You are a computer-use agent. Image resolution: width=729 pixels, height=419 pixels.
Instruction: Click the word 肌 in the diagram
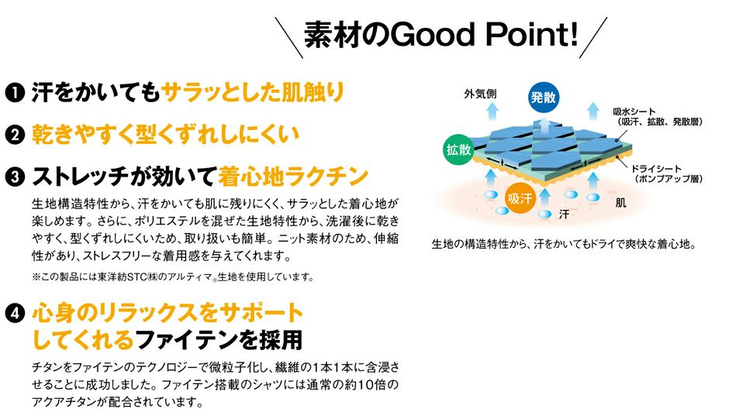click(620, 204)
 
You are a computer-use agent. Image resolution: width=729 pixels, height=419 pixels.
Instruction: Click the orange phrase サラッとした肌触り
click(253, 93)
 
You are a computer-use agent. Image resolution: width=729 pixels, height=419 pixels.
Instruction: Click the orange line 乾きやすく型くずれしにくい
click(164, 136)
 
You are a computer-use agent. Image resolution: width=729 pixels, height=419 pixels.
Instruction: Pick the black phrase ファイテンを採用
click(219, 340)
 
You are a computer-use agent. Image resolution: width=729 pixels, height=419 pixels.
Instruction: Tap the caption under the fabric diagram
click(565, 246)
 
